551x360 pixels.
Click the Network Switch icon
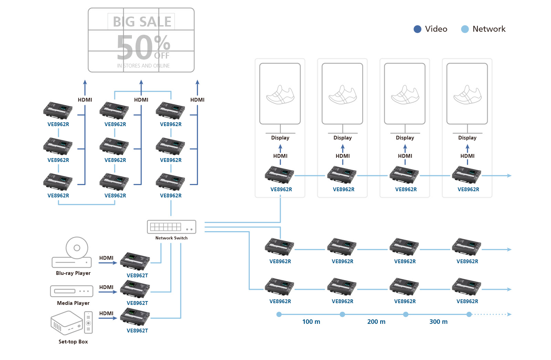click(171, 227)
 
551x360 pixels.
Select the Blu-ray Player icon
click(72, 253)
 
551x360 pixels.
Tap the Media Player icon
click(72, 291)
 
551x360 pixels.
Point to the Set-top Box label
click(73, 342)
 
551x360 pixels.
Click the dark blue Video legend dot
click(417, 29)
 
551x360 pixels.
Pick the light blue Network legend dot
click(465, 29)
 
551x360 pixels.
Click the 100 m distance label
click(311, 322)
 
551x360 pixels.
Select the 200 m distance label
click(376, 322)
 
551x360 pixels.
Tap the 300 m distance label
click(438, 322)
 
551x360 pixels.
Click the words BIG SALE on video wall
click(142, 22)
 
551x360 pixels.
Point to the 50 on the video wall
click(134, 48)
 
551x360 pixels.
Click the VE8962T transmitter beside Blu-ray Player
click(135, 261)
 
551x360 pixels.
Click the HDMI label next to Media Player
click(106, 287)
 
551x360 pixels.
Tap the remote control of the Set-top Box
click(89, 322)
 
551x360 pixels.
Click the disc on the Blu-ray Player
click(77, 248)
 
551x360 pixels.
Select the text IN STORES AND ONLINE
click(143, 66)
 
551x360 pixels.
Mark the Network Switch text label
click(171, 238)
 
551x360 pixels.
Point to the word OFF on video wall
click(162, 56)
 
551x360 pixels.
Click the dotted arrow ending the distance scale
click(492, 315)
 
